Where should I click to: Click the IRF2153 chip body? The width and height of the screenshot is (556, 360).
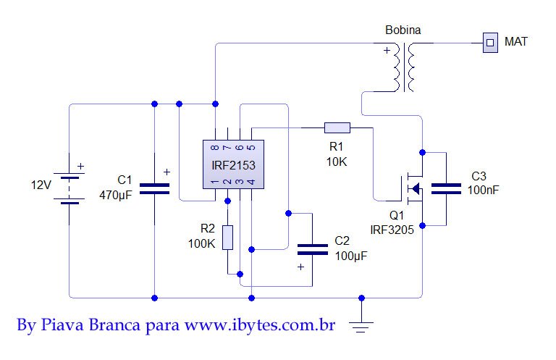pyautogui.click(x=232, y=165)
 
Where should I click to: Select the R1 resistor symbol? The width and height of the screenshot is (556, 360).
pyautogui.click(x=337, y=128)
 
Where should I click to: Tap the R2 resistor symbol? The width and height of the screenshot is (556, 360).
pyautogui.click(x=228, y=237)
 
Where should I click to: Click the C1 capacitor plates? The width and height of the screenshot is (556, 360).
pyautogui.click(x=154, y=189)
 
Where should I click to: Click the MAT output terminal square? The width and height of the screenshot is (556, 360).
pyautogui.click(x=490, y=42)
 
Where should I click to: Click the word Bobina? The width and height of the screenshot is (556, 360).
pyautogui.click(x=403, y=30)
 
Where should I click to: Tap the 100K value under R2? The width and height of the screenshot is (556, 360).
pyautogui.click(x=201, y=243)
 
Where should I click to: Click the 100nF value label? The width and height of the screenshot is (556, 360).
pyautogui.click(x=483, y=190)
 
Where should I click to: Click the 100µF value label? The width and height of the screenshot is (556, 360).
pyautogui.click(x=351, y=255)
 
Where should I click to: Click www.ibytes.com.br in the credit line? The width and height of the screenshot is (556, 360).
pyautogui.click(x=260, y=325)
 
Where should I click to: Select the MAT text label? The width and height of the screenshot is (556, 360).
pyautogui.click(x=515, y=41)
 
